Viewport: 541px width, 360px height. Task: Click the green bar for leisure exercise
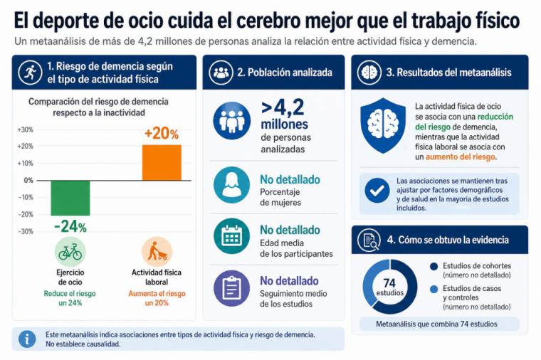[70, 198]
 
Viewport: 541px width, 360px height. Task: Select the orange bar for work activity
[162, 163]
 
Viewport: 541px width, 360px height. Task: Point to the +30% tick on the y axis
[25, 130]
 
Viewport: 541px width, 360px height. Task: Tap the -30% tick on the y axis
[26, 231]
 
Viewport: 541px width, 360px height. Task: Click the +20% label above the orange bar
[162, 134]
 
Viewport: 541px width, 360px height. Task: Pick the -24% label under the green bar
[70, 226]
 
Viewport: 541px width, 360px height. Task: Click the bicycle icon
[70, 252]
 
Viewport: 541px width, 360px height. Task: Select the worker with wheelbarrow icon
[157, 252]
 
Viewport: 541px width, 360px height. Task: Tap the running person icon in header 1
[30, 73]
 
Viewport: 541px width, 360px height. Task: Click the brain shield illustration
[383, 125]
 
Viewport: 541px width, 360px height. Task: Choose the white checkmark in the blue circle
[377, 191]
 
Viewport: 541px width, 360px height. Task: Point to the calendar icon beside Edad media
[231, 236]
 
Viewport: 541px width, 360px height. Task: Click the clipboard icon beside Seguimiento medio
[231, 288]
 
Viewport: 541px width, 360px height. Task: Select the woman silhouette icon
[231, 185]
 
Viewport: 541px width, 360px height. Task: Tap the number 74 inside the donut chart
[389, 283]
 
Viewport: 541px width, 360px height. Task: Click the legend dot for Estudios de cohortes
[434, 266]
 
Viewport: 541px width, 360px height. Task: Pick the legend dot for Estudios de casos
[434, 289]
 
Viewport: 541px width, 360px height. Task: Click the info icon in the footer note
[27, 339]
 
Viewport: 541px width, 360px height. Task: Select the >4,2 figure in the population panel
[283, 107]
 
